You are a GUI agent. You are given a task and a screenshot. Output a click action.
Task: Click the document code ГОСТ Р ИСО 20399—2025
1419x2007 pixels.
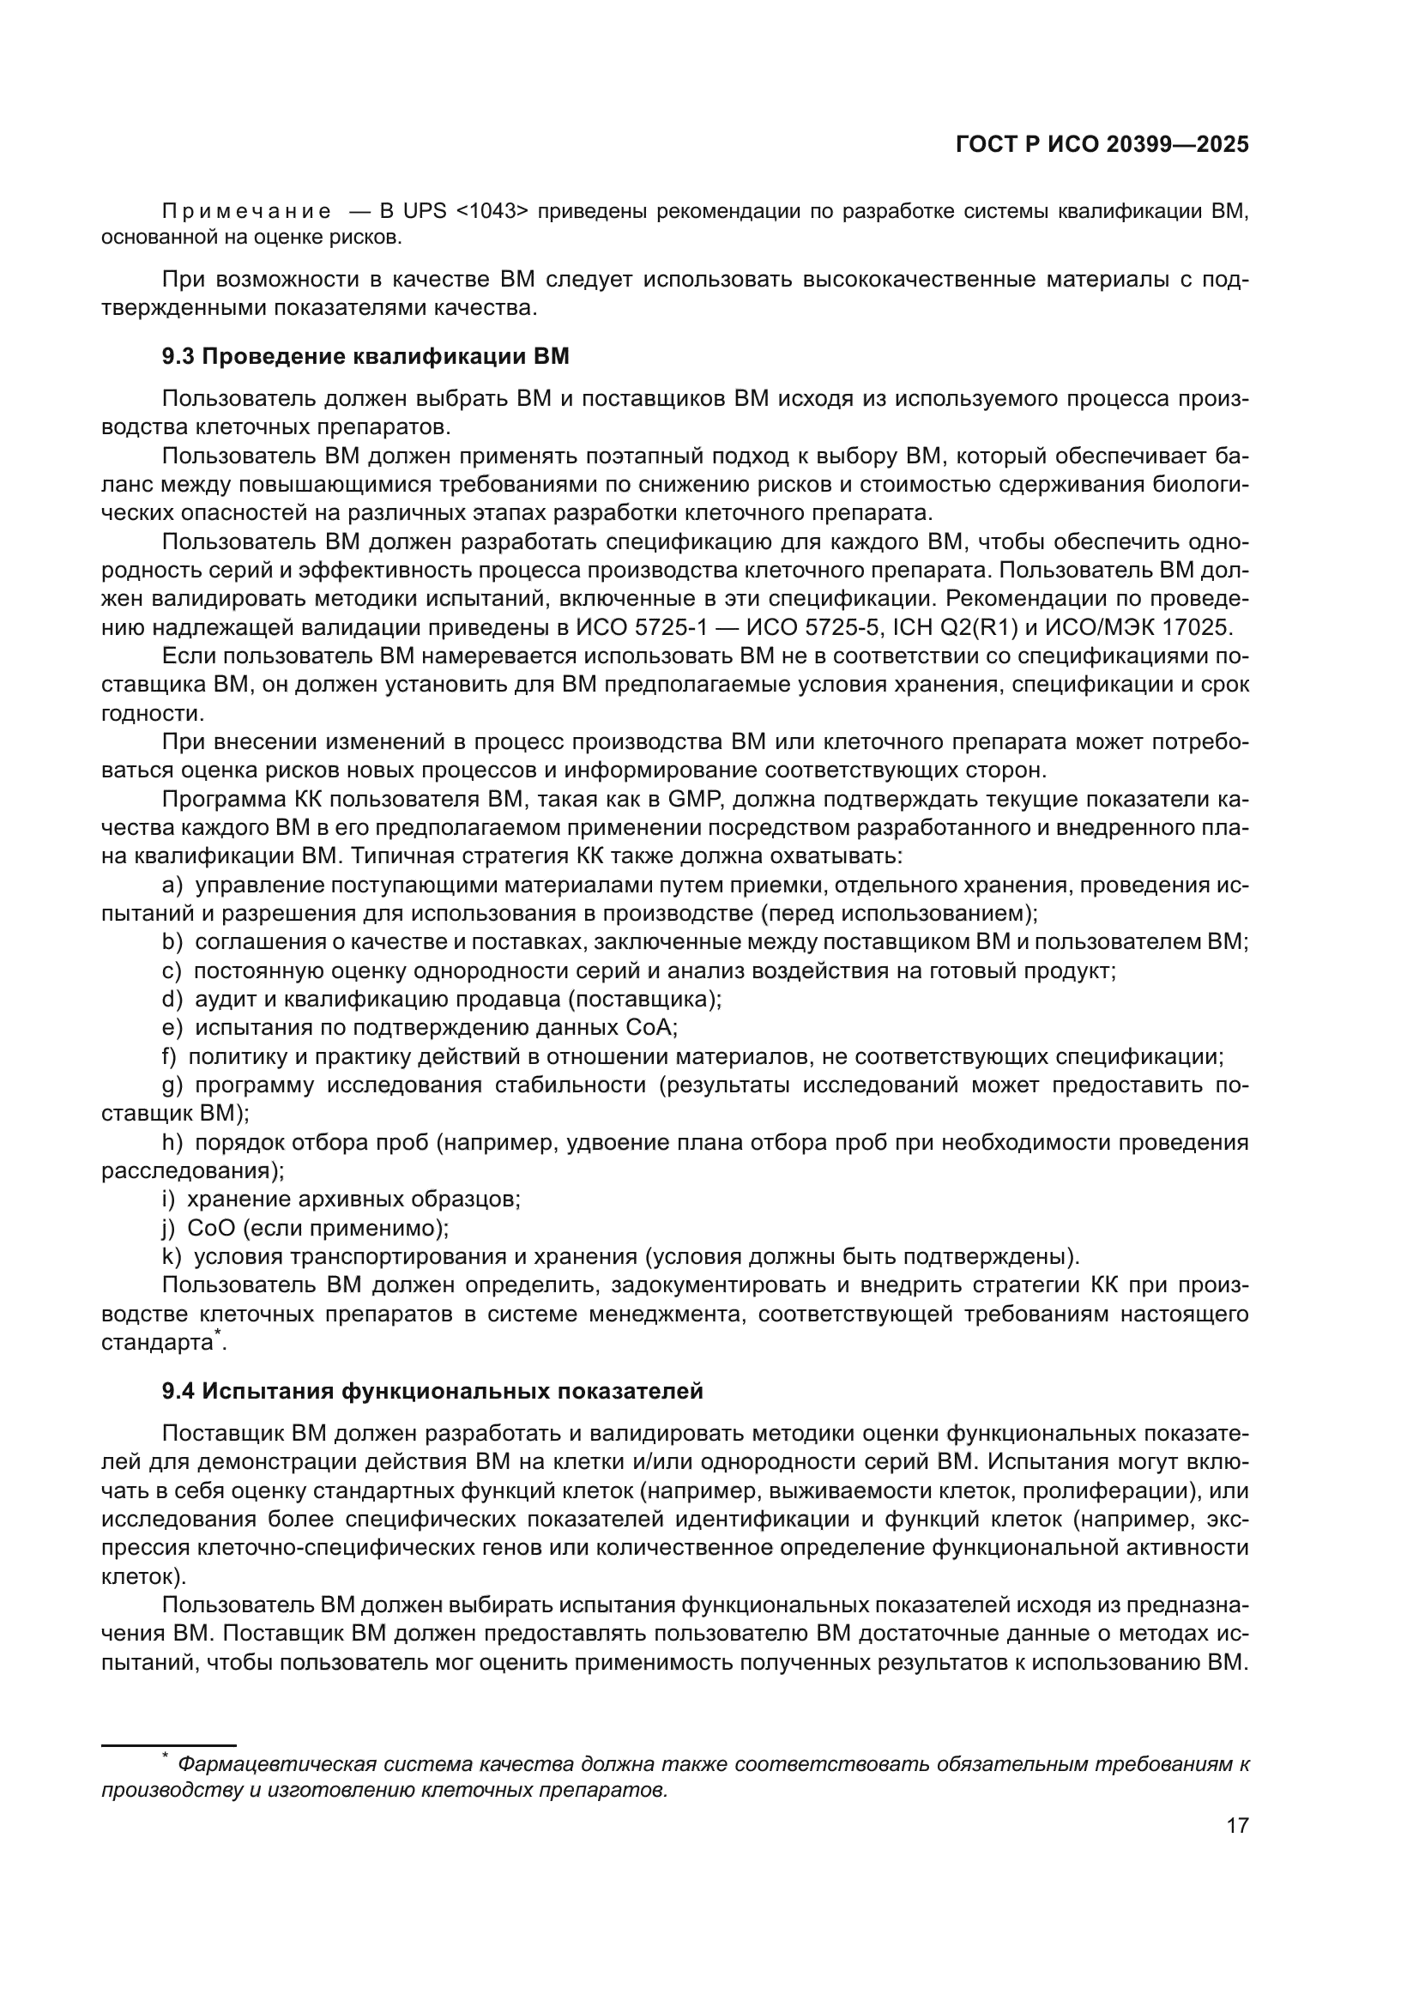(1102, 145)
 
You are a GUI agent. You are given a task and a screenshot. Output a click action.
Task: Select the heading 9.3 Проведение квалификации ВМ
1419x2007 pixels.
(365, 357)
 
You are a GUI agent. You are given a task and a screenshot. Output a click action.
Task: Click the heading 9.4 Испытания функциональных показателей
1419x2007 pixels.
(432, 1391)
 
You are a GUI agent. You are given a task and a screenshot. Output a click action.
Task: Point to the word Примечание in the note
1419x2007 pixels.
(247, 212)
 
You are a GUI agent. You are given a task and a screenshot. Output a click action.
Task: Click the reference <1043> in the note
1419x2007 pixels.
(492, 212)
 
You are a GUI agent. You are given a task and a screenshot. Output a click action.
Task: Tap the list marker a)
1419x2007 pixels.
(172, 886)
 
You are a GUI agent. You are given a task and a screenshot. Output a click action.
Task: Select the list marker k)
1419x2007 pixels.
(172, 1257)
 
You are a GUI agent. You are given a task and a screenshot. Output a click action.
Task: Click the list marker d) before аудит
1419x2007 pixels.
(172, 999)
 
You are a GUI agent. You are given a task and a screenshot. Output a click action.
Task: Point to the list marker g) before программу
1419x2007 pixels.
(172, 1085)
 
